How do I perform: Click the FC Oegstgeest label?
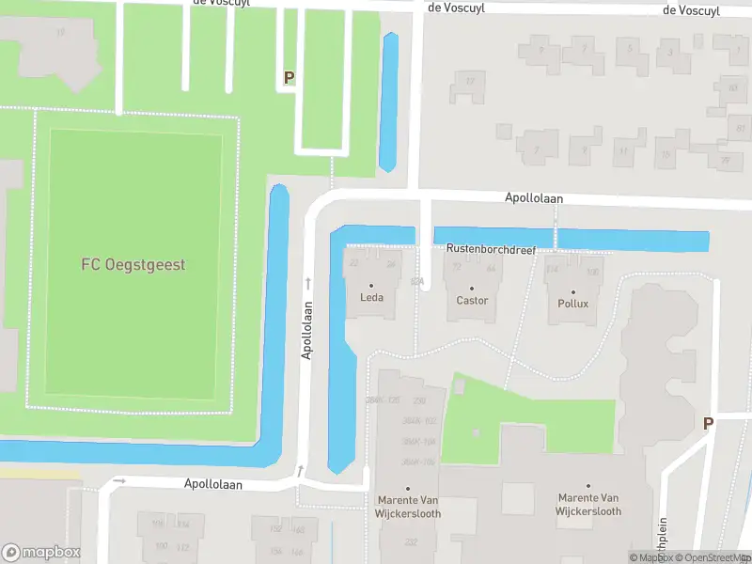coord(133,265)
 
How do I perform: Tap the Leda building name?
coord(371,299)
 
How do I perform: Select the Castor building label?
coord(472,301)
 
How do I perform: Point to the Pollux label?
coord(572,304)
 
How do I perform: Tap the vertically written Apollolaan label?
coord(306,330)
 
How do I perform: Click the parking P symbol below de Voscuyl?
coord(289,78)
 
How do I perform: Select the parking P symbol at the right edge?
coord(708,423)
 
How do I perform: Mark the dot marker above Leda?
coord(371,286)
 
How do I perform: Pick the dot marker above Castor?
coord(472,288)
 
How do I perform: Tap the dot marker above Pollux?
coord(572,290)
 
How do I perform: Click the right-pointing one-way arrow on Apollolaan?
coord(118,480)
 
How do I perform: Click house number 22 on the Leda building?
coord(354,263)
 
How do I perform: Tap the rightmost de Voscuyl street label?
coord(691,10)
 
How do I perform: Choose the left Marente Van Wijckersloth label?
coord(408,509)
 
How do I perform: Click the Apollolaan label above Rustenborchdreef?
coord(534,198)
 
